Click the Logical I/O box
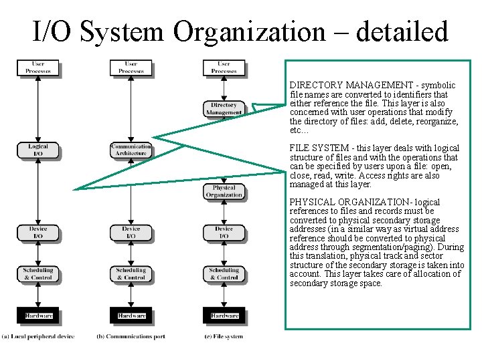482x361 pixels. click(x=38, y=150)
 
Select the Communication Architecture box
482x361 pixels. click(x=131, y=150)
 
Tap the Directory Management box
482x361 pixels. click(x=224, y=109)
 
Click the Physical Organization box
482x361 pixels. click(x=224, y=191)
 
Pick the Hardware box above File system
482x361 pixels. click(x=224, y=316)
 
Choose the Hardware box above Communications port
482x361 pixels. click(x=131, y=316)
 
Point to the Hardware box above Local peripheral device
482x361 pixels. click(x=38, y=316)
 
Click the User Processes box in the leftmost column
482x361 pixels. click(x=38, y=68)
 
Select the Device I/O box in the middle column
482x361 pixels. click(x=131, y=233)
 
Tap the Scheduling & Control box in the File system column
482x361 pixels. click(x=224, y=274)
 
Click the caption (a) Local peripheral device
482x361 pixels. click(x=37, y=336)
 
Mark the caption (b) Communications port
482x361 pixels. click(x=131, y=336)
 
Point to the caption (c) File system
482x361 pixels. click(x=224, y=336)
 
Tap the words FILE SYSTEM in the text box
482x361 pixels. click(x=315, y=148)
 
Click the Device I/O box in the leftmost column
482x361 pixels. click(x=38, y=233)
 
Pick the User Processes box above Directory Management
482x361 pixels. click(x=224, y=68)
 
